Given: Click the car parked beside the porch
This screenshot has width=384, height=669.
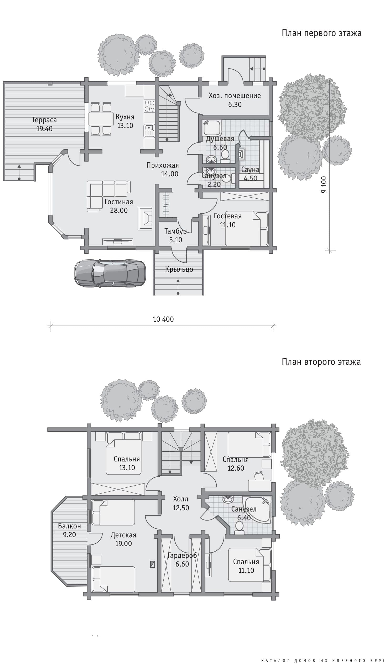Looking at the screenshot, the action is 110,273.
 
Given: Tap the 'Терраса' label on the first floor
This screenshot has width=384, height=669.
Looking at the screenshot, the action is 44,120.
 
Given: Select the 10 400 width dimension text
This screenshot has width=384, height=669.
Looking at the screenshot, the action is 163,319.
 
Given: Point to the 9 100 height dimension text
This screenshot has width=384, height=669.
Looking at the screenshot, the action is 324,185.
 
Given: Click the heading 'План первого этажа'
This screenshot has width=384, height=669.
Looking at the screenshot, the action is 321,33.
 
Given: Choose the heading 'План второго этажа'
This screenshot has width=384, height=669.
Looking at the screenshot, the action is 321,362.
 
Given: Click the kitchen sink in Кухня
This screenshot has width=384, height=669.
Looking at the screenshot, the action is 149,131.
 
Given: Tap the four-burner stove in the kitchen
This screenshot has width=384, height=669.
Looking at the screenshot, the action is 149,106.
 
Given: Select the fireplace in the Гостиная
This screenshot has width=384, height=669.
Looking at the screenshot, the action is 145,218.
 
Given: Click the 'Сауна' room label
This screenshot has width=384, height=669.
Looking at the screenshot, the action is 250,170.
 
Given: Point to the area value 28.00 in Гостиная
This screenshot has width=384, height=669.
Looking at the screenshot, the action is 119,210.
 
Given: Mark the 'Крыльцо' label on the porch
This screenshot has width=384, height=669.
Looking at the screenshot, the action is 179,269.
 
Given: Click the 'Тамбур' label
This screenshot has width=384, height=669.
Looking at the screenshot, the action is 175,231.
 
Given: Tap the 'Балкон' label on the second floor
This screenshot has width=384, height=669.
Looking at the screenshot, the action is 69,526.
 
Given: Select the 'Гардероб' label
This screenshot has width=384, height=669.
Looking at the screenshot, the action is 182,555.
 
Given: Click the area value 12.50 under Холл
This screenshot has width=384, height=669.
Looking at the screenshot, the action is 181,508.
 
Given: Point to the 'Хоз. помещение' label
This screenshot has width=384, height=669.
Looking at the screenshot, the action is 235,96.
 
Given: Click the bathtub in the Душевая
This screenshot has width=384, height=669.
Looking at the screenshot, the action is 212,128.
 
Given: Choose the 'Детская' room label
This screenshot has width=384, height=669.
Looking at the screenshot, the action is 123,535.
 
